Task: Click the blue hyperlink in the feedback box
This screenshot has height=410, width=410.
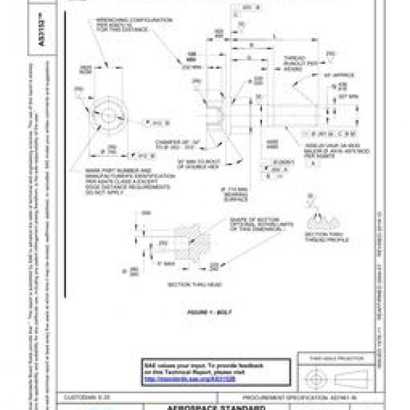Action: (189, 378)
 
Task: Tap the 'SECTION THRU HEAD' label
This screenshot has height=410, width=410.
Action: (195, 284)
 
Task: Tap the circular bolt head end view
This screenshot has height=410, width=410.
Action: (108, 114)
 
